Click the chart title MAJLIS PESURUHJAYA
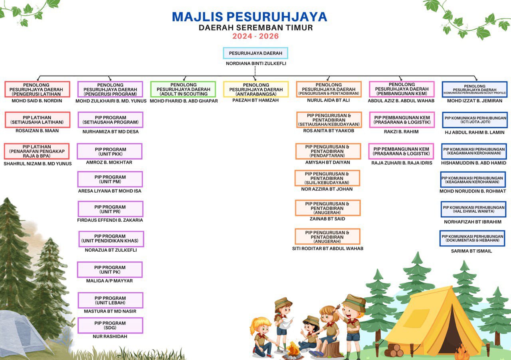[250, 17]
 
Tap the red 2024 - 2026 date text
[255, 36]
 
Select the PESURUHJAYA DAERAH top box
[255, 53]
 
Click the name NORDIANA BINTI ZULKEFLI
[255, 63]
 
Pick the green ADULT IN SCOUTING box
[183, 89]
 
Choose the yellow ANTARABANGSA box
[255, 89]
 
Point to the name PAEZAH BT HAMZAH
[255, 100]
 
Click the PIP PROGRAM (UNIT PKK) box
[110, 151]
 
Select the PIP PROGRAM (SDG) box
[110, 325]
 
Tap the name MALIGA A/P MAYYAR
[109, 281]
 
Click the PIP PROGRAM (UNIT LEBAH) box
[110, 300]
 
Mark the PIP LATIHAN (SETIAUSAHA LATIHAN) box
[38, 120]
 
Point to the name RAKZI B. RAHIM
[401, 131]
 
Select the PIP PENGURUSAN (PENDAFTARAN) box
[328, 151]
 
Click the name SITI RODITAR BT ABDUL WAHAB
[327, 249]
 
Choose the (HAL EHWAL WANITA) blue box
[473, 209]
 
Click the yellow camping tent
[435, 324]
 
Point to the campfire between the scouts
[293, 350]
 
